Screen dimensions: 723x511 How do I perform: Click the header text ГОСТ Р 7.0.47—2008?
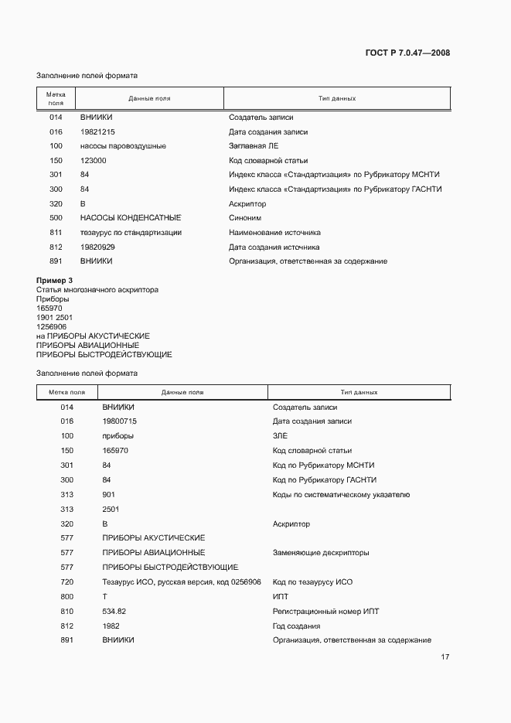click(407, 53)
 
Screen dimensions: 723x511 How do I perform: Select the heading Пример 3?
click(55, 280)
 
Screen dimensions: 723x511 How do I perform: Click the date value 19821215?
click(97, 131)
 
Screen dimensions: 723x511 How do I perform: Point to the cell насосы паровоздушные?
click(123, 146)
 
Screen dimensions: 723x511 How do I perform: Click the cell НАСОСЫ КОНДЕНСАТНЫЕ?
click(131, 218)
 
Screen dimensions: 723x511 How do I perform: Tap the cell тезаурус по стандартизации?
click(131, 233)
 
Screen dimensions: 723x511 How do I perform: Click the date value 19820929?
click(97, 247)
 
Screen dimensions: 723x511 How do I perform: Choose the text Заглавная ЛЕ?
click(253, 146)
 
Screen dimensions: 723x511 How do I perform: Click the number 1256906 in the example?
click(52, 326)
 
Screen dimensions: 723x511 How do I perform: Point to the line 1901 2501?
click(54, 317)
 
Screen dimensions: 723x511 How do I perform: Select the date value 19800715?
click(119, 421)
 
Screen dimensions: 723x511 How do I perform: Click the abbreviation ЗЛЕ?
click(280, 436)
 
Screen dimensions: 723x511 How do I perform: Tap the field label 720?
click(66, 582)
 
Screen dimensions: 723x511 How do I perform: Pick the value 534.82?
click(114, 612)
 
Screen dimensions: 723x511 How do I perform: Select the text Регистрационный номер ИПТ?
click(325, 612)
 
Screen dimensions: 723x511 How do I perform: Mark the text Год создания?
click(296, 626)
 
